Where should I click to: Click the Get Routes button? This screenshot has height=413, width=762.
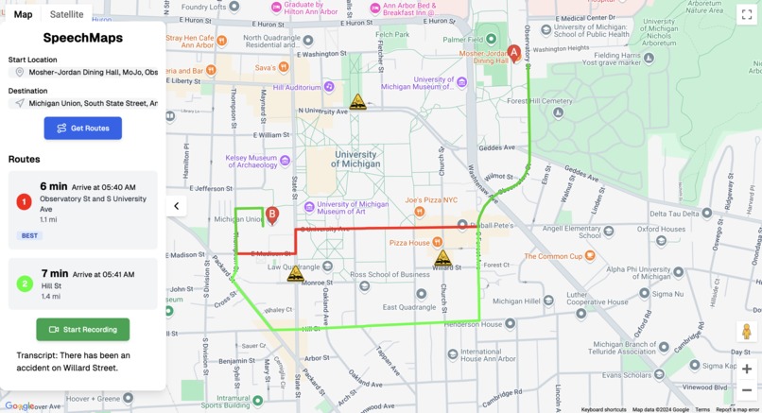pos(83,128)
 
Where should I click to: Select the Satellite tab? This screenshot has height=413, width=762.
pos(66,14)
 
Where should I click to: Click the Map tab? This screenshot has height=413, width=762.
pos(23,14)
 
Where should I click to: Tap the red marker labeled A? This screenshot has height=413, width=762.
pos(514,53)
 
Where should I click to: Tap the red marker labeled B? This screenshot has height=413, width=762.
pos(272,215)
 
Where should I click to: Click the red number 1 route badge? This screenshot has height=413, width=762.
pos(25,201)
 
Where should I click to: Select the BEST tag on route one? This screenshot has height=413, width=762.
pos(29,235)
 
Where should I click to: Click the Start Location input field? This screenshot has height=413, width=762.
pos(85,72)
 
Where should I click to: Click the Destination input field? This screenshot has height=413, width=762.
pos(85,103)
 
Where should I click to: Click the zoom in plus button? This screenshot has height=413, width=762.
pos(747,369)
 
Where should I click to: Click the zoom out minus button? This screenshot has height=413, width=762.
pos(747,390)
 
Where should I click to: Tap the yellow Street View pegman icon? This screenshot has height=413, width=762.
pos(747,332)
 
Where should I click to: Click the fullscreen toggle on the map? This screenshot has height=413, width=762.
pos(747,14)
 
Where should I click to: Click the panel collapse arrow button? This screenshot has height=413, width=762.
pos(177,206)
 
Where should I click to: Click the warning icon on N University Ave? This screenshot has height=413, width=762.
pos(357,102)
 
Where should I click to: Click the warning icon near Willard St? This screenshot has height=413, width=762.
pos(442,258)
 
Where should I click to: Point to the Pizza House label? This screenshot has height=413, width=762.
pos(408,243)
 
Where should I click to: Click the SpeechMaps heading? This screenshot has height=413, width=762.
pos(82,38)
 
